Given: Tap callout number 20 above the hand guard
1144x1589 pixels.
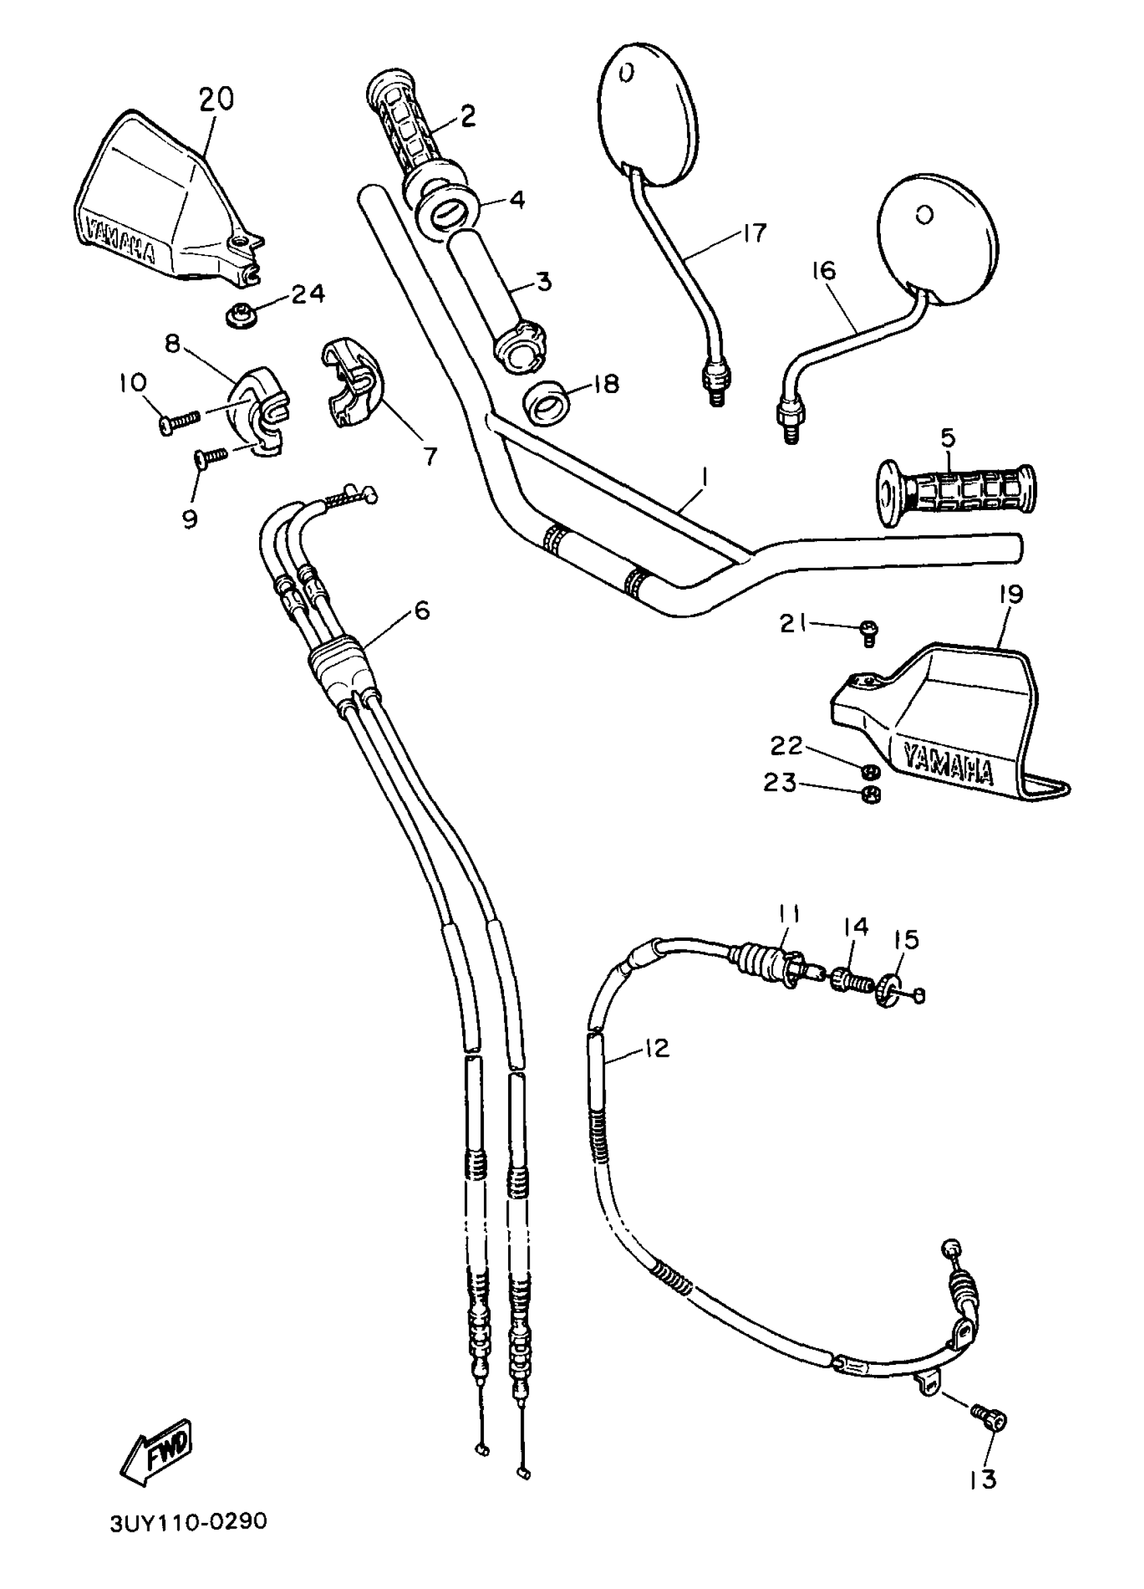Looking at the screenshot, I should click(x=216, y=99).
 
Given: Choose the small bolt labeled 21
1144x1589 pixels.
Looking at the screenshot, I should click(x=869, y=631).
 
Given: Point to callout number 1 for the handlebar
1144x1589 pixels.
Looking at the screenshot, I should click(x=704, y=479).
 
